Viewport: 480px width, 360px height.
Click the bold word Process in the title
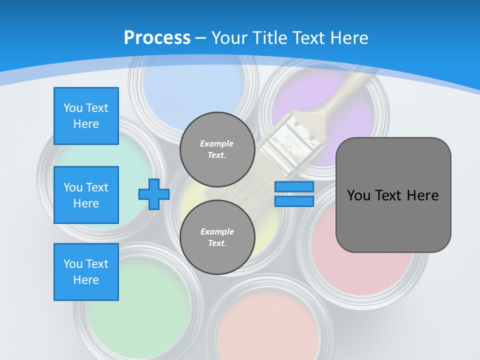157,37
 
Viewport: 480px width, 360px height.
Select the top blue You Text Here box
86,116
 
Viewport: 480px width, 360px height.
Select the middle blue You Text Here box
86,195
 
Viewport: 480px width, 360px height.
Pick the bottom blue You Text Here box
86,272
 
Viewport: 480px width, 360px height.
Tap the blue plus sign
154,194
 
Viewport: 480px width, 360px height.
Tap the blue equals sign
294,194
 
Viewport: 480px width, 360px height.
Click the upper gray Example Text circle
217,149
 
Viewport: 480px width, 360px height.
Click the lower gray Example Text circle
217,237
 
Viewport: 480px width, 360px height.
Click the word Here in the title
348,38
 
